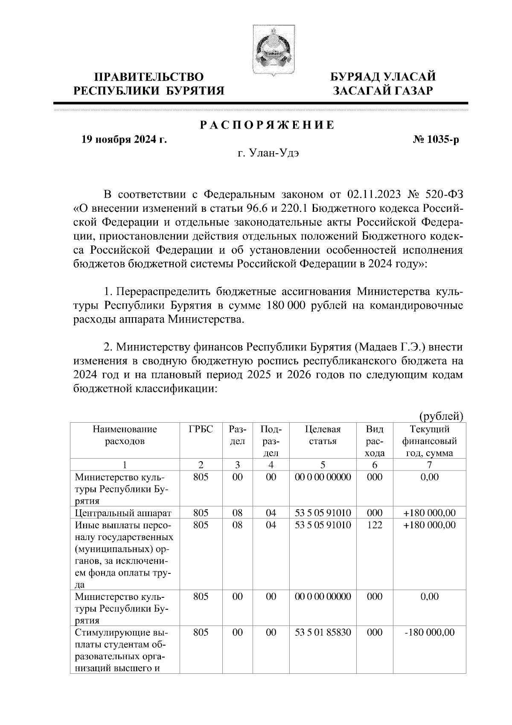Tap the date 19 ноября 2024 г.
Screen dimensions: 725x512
[124, 140]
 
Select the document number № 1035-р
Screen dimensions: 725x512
[433, 140]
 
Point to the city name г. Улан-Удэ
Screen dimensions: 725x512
[268, 153]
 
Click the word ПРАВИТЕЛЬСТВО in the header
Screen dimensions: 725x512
[149, 77]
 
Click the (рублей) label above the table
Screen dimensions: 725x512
[441, 416]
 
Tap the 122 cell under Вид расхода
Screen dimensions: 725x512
[374, 525]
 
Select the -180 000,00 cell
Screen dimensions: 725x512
[429, 632]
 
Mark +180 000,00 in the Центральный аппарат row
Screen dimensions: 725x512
[429, 513]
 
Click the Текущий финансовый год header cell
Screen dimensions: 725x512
[429, 441]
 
